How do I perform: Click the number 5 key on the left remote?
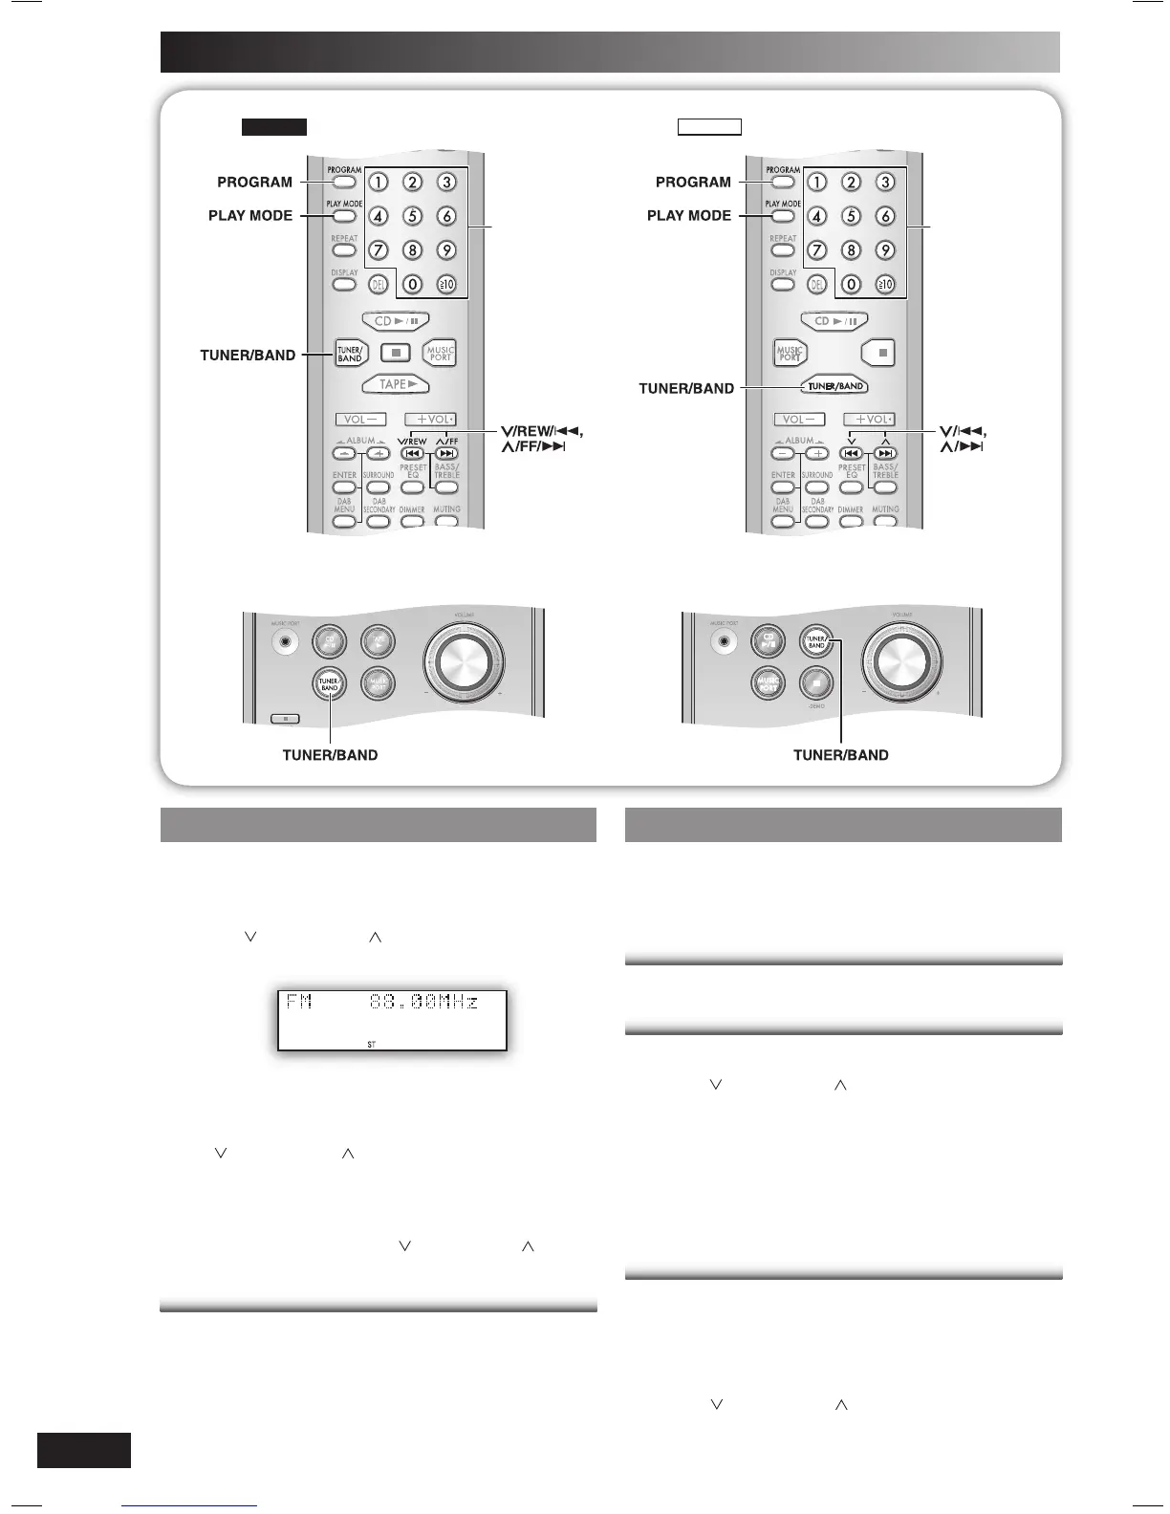point(412,216)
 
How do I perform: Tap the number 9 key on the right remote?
point(885,250)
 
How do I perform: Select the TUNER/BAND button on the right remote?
point(835,386)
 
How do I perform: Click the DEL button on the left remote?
point(379,284)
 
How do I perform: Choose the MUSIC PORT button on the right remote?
point(789,353)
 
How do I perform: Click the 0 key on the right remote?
point(851,284)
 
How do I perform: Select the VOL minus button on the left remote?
point(359,419)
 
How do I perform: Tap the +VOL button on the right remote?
point(868,419)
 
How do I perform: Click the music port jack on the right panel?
point(725,642)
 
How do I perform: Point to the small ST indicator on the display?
point(372,1045)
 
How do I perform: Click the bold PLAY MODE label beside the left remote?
point(250,216)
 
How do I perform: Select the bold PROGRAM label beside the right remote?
point(693,182)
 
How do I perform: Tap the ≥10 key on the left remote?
point(446,284)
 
